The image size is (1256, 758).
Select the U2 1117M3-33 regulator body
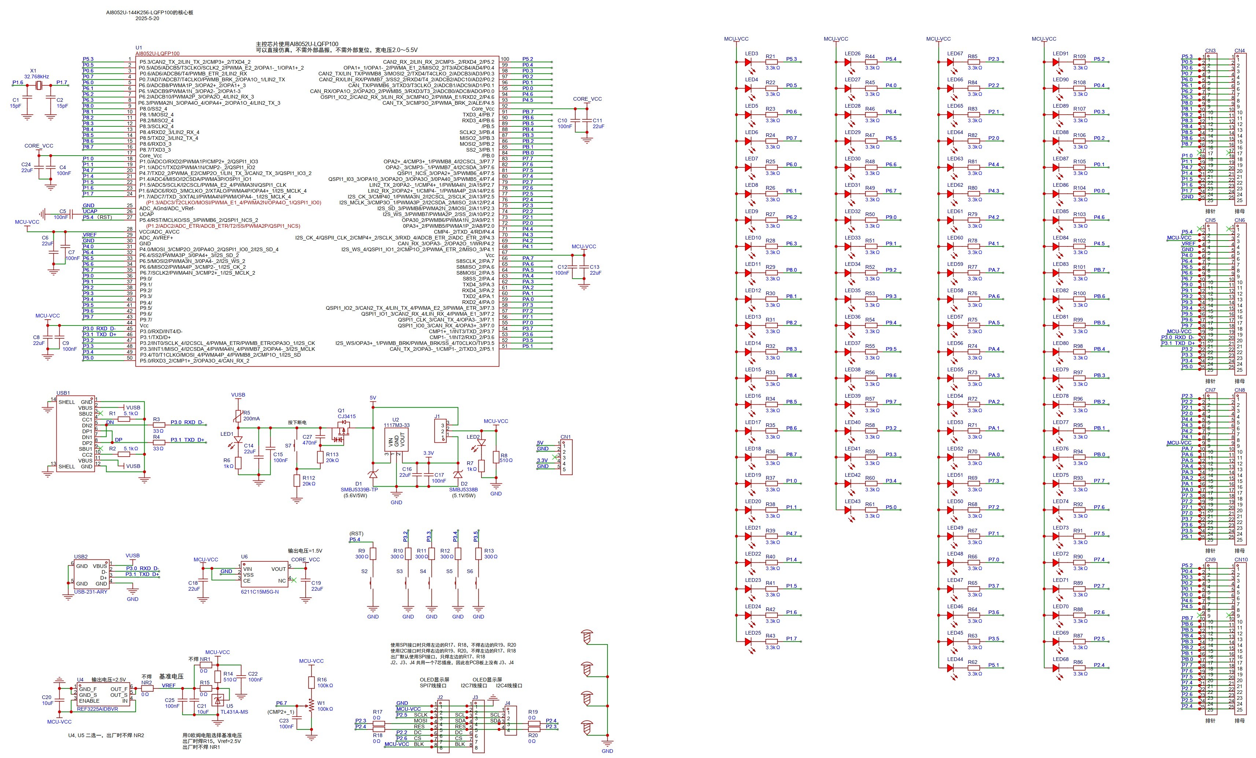tap(396, 441)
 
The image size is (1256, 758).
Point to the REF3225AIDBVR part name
tap(97, 709)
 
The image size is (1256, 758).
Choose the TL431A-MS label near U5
tap(234, 711)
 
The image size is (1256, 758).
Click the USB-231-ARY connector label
tap(91, 592)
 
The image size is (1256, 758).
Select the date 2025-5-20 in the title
tap(147, 18)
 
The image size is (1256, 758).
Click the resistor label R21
tap(770, 56)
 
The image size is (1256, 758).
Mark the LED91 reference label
tap(1060, 53)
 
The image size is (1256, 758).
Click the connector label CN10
tap(1241, 559)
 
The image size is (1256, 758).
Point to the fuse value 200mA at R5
tap(251, 419)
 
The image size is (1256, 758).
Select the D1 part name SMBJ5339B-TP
tap(359, 490)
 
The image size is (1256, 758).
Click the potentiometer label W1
tap(321, 703)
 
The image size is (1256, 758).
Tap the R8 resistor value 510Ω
tap(506, 461)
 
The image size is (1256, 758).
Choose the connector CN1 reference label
tap(565, 436)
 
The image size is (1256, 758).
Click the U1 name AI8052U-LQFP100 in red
tap(158, 53)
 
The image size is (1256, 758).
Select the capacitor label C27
tap(307, 436)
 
